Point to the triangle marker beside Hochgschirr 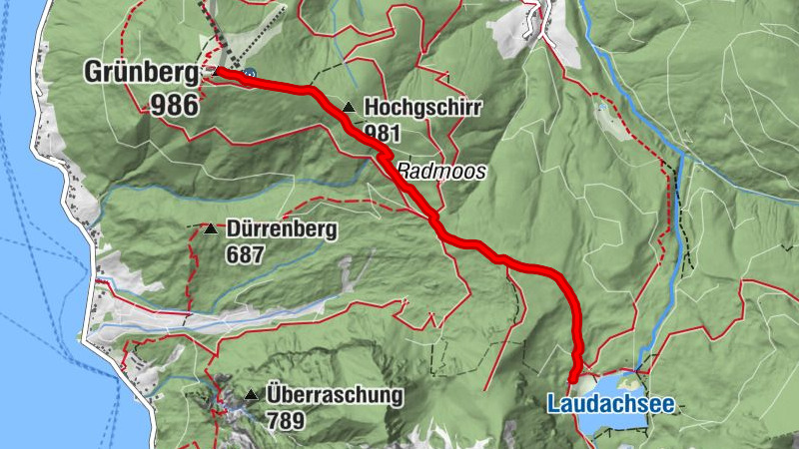click(x=348, y=107)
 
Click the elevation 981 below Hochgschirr click(x=383, y=131)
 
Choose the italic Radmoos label click(x=441, y=172)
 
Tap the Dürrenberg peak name click(x=281, y=229)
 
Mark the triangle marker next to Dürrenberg click(x=210, y=229)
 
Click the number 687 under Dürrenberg click(x=244, y=254)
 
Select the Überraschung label click(x=334, y=394)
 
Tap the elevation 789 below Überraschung click(x=288, y=420)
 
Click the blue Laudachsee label click(x=610, y=404)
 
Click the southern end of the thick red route click(x=572, y=380)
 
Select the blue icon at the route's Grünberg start click(x=248, y=73)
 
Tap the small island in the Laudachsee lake click(x=628, y=380)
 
